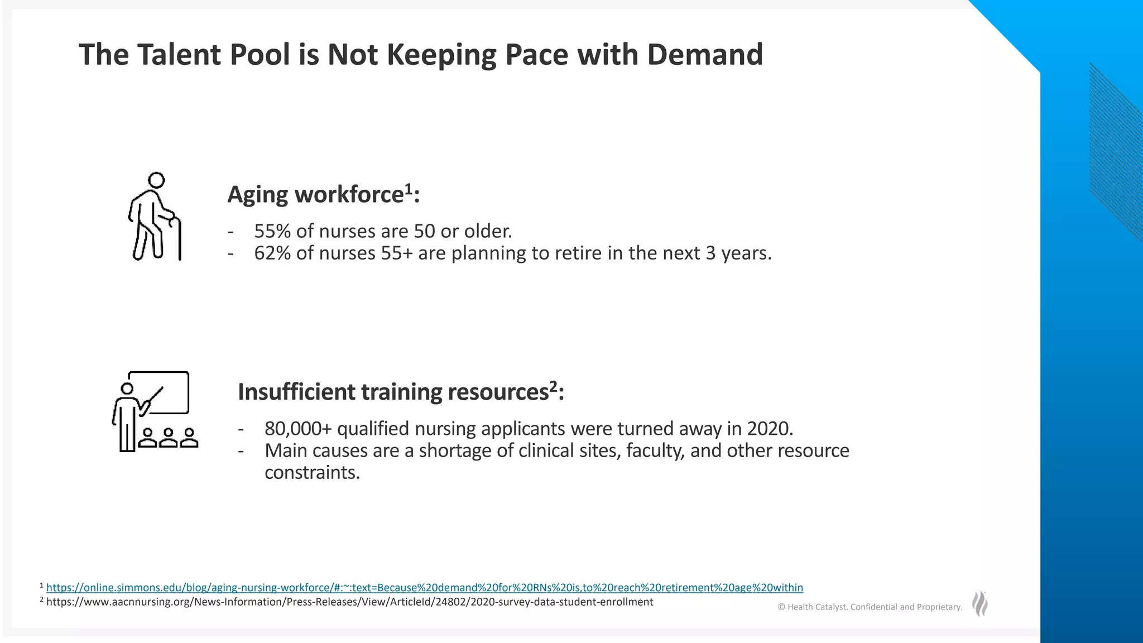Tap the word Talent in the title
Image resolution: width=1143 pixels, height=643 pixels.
(x=179, y=55)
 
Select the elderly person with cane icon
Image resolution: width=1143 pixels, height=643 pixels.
(x=154, y=217)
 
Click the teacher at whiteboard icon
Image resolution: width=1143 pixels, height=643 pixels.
(x=155, y=411)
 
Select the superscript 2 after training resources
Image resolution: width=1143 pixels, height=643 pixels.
(x=553, y=386)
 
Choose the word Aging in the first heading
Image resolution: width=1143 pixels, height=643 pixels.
(x=257, y=195)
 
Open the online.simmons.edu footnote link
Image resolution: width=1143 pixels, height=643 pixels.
(x=424, y=588)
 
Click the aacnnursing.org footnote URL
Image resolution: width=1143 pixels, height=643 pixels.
(x=349, y=602)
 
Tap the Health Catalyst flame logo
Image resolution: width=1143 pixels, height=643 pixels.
(x=979, y=604)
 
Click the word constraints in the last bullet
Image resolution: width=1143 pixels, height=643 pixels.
(x=312, y=473)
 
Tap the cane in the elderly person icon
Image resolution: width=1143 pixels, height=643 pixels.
(x=179, y=240)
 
